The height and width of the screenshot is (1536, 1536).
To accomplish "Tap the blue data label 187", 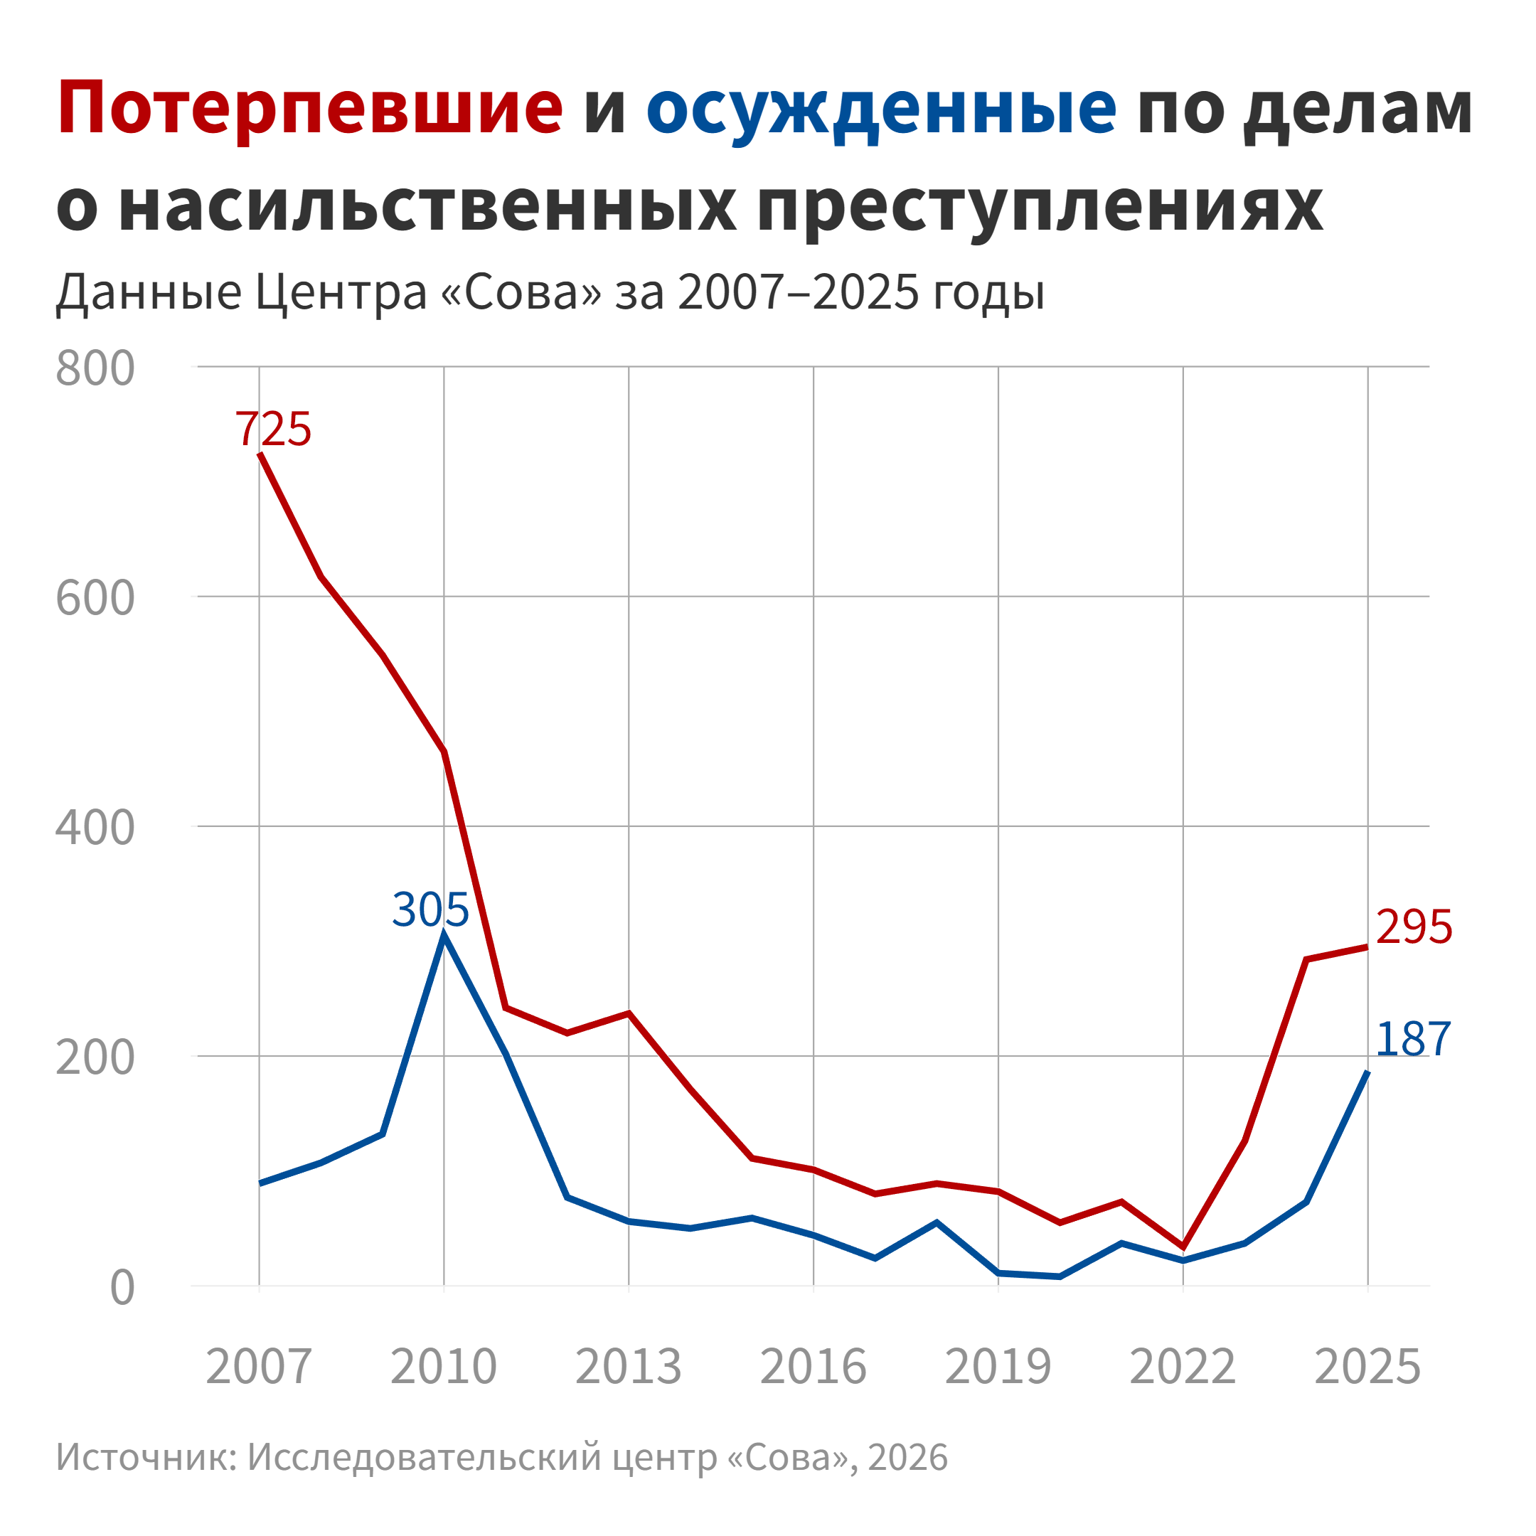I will (x=1413, y=1039).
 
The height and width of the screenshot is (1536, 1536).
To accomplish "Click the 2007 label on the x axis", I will (x=258, y=1367).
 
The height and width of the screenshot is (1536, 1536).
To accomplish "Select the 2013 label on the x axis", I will (x=628, y=1367).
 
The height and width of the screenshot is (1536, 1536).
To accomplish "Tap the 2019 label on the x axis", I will (x=998, y=1367).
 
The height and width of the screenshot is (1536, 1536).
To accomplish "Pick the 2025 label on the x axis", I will (x=1367, y=1367).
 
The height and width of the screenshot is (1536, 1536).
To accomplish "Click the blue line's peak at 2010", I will (x=444, y=936).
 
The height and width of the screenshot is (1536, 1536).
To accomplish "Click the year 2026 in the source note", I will (x=908, y=1457).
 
